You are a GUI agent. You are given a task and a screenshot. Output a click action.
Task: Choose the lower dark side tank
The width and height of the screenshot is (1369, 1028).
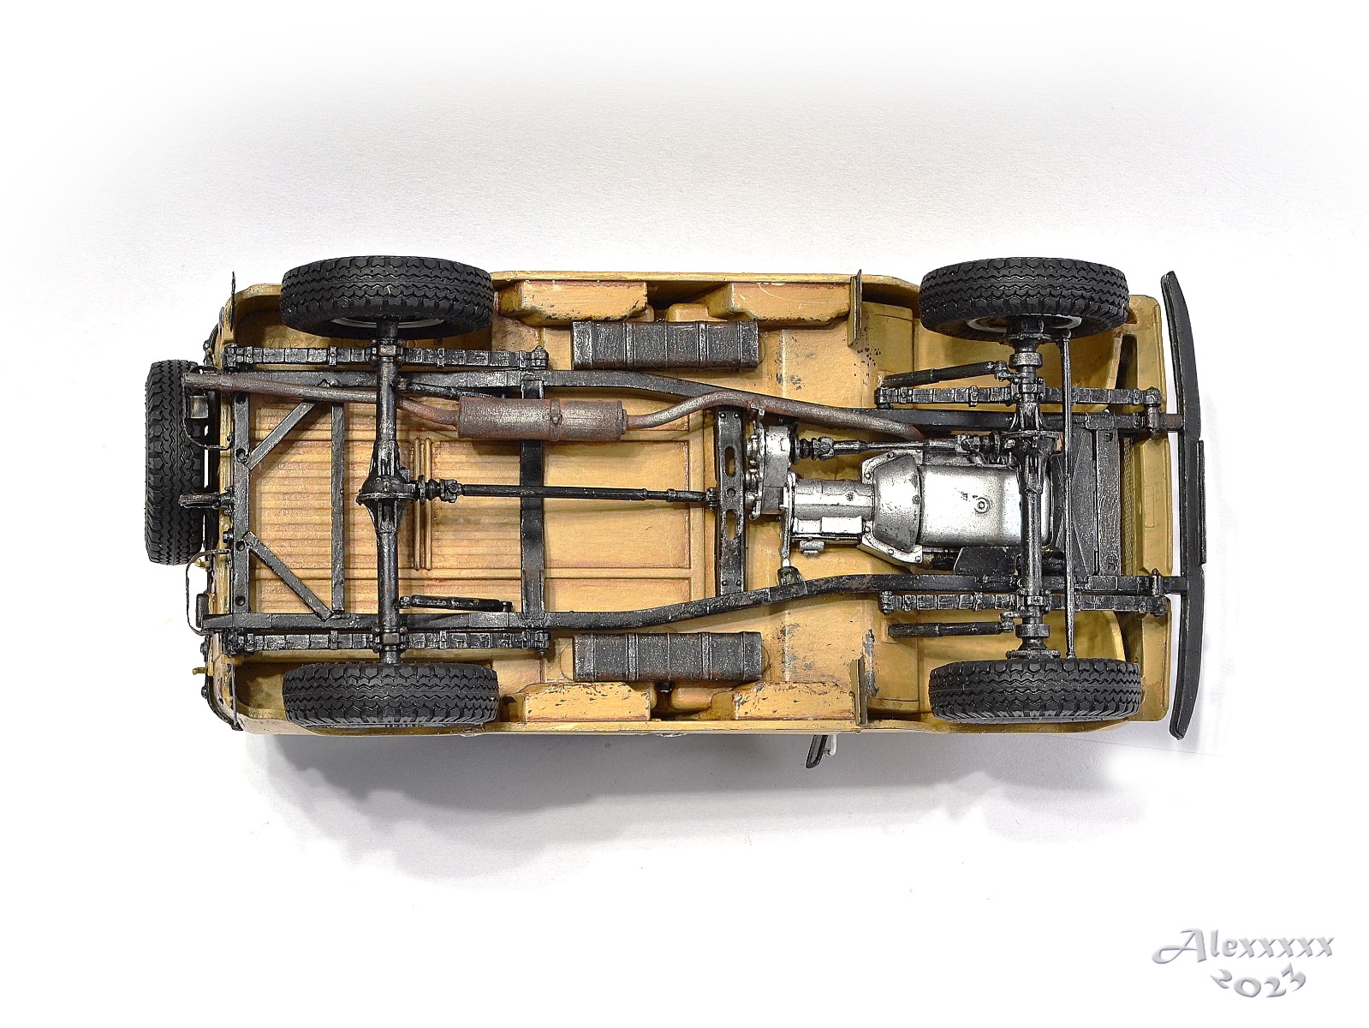pyautogui.click(x=668, y=655)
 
